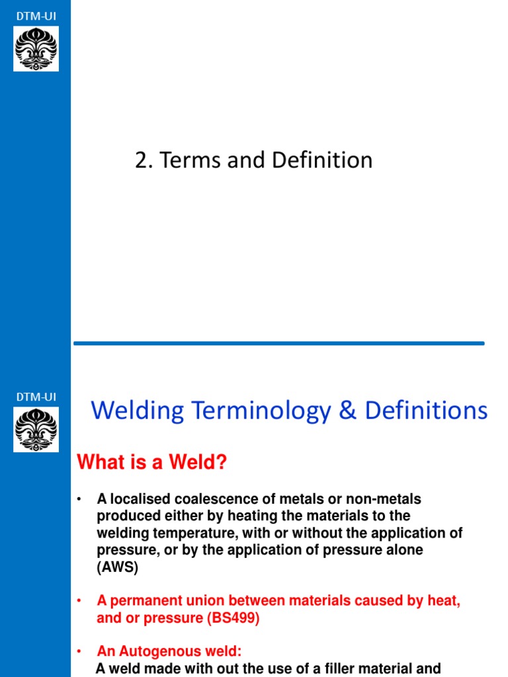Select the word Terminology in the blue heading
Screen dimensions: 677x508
point(259,411)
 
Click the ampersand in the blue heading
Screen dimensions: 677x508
point(347,411)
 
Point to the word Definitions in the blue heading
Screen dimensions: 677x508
point(427,411)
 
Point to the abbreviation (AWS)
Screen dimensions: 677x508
point(118,567)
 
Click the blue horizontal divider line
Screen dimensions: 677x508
point(278,343)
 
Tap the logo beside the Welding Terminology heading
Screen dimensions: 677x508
point(36,430)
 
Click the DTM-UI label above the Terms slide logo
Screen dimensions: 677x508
point(36,13)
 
